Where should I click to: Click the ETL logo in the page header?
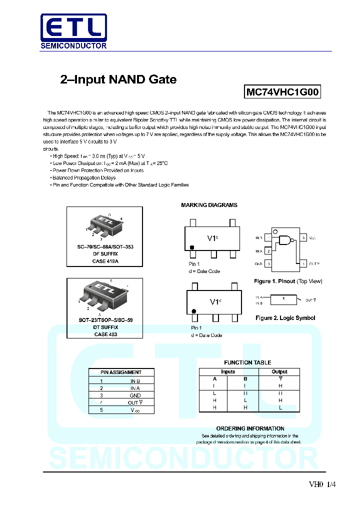tap(73, 31)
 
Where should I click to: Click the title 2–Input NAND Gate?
tap(118, 79)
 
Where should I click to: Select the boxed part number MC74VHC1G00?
tap(282, 92)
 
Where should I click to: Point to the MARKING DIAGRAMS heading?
tap(209, 205)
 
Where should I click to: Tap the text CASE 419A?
tap(105, 261)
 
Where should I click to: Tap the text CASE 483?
tap(105, 334)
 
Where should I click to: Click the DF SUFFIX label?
tap(105, 254)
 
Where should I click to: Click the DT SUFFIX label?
tap(105, 327)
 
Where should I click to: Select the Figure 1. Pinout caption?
tap(288, 281)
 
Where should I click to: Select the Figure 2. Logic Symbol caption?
tap(285, 318)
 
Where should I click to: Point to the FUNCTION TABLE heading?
tap(247, 362)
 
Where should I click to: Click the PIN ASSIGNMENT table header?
tap(121, 372)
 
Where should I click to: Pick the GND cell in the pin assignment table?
tap(135, 395)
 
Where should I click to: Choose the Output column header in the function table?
tap(279, 371)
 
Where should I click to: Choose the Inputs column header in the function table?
tap(228, 371)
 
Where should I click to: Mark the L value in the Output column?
tap(280, 407)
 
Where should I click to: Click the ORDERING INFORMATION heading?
tap(250, 428)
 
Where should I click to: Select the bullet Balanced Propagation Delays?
tap(84, 177)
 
